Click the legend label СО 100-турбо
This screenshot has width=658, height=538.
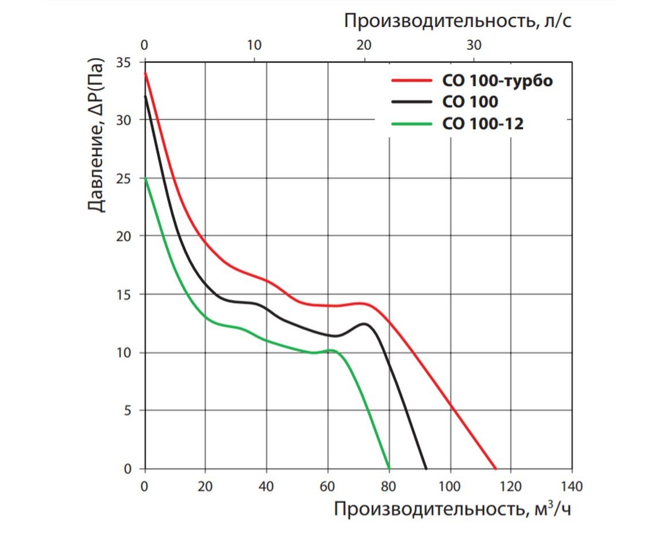[x=497, y=81]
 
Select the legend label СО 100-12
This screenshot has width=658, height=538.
[x=483, y=123]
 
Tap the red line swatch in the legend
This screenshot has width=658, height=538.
[x=411, y=81]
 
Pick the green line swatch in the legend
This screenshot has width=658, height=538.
[x=411, y=123]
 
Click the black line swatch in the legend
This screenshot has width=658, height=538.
[x=411, y=102]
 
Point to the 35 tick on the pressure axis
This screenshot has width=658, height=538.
[x=123, y=62]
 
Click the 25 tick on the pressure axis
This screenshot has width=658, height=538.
[x=123, y=178]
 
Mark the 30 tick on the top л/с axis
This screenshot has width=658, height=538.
[x=474, y=45]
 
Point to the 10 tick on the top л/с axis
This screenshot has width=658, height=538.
[x=254, y=45]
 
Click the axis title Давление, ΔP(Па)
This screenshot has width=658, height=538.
[x=97, y=134]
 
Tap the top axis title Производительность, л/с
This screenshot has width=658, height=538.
[x=458, y=21]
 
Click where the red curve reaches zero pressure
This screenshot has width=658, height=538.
[x=495, y=468]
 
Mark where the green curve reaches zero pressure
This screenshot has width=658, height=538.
[x=389, y=468]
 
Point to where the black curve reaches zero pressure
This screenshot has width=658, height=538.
[x=426, y=468]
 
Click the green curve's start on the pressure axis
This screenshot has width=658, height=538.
[x=145, y=178]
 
